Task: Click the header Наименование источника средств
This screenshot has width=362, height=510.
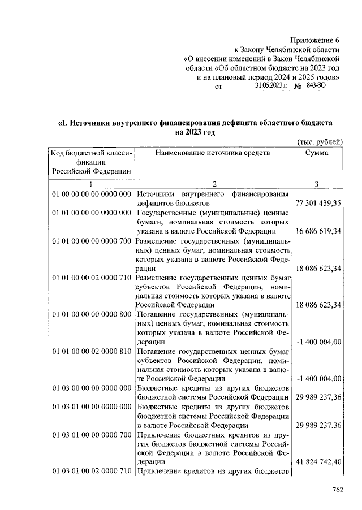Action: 213,153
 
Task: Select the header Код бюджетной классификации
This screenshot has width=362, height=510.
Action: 91,162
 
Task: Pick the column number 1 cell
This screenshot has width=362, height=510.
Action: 91,184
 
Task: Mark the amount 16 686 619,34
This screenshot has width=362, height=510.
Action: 318,232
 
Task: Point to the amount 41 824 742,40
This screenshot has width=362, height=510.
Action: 318,461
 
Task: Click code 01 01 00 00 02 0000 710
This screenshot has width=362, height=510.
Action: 91,278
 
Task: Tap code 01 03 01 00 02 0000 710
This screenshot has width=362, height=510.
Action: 91,471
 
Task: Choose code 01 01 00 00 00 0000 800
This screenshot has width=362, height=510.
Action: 91,314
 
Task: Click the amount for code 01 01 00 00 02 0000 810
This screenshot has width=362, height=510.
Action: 318,378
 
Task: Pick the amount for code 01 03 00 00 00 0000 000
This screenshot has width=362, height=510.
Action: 318,397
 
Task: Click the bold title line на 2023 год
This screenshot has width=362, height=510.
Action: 195,132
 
